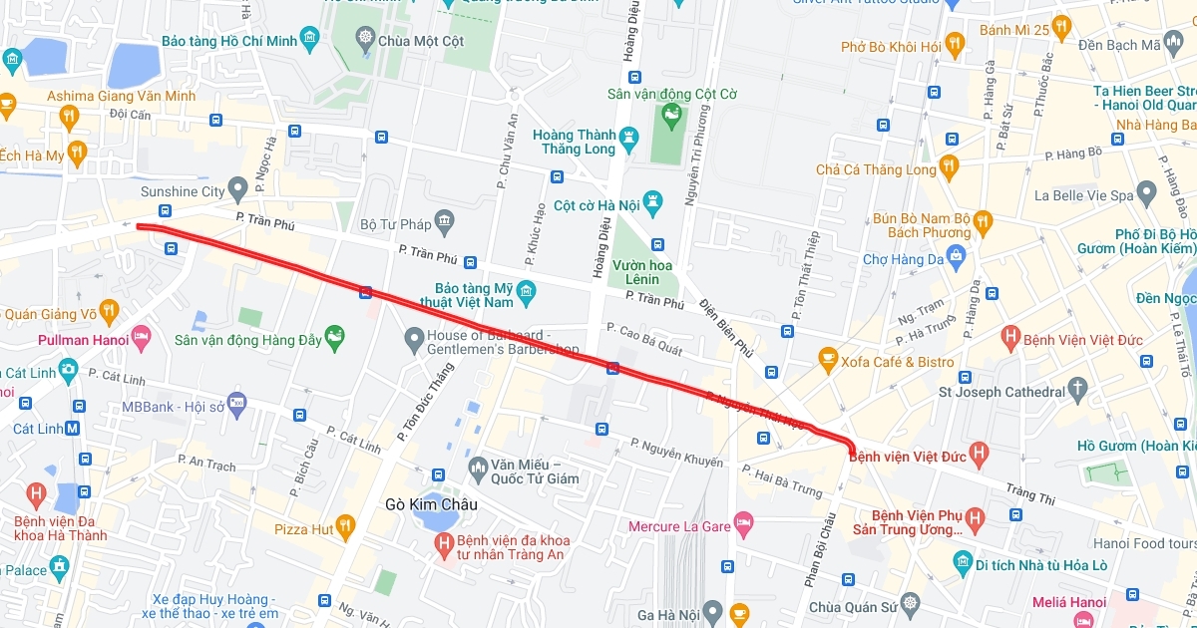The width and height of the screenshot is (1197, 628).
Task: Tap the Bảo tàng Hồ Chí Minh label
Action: pos(228,40)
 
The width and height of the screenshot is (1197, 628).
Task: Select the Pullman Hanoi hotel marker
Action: pos(141,340)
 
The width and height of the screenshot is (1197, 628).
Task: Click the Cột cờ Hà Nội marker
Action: pos(652,205)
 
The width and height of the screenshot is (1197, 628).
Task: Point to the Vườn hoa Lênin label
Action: pos(641,272)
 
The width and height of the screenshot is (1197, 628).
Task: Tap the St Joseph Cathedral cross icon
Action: pos(1077,391)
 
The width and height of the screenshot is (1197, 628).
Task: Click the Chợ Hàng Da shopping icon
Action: pos(958,259)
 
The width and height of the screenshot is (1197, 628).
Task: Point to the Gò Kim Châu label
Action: pos(431,504)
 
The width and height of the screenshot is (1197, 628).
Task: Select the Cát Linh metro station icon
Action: pos(72,429)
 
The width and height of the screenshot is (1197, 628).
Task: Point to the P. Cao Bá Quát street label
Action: pos(644,339)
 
